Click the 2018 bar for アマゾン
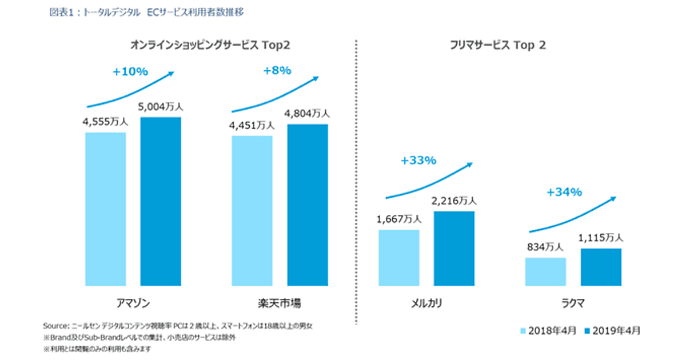coord(105,209)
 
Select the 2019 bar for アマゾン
coord(161,201)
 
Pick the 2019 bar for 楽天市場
coord(308,205)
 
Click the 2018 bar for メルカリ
coord(398,257)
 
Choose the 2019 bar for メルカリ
coord(454,248)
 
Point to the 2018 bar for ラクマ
coord(545,271)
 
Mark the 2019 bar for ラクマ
coord(601,267)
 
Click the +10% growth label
coord(130,72)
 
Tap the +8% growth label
coord(277,71)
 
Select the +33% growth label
coord(418,161)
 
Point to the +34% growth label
coord(564,192)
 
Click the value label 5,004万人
coord(161,107)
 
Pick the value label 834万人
coord(545,247)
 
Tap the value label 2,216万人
coord(454,201)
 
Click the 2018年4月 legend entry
coord(548,330)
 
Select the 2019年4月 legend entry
coord(612,330)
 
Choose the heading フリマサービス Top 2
coord(497,46)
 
